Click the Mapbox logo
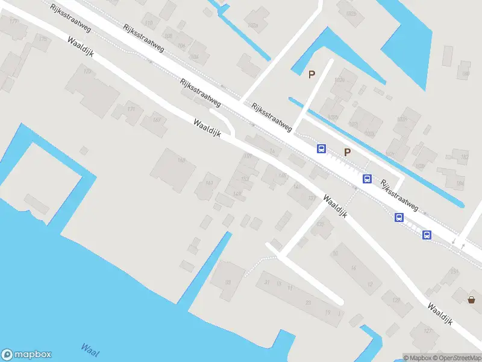tap(26, 355)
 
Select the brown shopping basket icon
tap(472, 299)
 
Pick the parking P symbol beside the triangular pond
tap(311, 74)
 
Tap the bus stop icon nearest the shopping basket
tap(427, 235)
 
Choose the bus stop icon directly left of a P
tap(322, 148)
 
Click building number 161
tap(209, 182)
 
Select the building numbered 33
tap(228, 282)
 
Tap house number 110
tap(149, 24)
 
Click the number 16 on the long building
tap(353, 268)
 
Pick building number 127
tap(428, 331)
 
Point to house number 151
tap(453, 273)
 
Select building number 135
tap(321, 224)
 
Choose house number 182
tap(464, 157)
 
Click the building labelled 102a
tap(253, 25)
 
